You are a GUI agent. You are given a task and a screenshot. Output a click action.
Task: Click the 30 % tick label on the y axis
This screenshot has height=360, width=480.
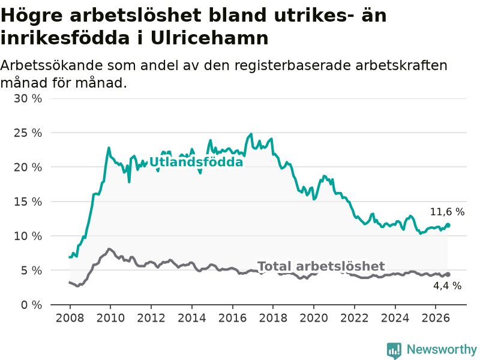coord(28,98)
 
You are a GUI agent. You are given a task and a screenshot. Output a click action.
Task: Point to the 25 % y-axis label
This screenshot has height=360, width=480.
coord(28,133)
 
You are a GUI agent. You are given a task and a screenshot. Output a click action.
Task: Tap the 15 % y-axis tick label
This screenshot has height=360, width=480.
coord(28,202)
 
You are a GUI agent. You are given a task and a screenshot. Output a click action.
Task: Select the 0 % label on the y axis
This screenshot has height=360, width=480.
coord(32,305)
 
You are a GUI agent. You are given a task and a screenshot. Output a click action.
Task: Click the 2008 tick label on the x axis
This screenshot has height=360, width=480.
coord(70,318)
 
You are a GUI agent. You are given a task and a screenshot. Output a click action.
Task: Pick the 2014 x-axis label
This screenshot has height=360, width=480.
coord(191,318)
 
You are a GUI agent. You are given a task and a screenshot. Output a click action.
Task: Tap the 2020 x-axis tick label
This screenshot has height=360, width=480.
coord(314,318)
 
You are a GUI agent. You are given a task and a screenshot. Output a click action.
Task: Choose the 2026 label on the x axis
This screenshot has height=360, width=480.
coord(436,318)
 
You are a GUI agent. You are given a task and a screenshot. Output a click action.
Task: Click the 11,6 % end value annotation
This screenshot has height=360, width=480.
coord(447,212)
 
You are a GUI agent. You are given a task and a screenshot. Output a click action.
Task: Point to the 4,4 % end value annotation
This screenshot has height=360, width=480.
coord(447,286)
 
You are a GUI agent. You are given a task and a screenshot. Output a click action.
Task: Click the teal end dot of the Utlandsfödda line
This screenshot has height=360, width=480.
coord(448,226)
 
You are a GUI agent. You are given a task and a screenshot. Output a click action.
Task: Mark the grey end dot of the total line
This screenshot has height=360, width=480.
coord(448,275)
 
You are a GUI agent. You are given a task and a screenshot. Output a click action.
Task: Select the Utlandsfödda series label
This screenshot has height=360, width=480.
coord(196,162)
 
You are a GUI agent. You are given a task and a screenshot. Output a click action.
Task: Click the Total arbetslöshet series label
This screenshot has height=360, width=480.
coord(321,266)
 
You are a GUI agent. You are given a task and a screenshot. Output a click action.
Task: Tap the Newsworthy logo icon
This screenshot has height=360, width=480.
coord(394,350)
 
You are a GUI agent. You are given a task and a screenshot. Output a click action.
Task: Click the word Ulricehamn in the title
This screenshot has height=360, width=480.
coord(209,38)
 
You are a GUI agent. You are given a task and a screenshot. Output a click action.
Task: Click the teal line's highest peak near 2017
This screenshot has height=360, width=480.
coord(251,134)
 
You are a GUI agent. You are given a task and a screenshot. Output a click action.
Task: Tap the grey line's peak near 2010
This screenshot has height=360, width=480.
coord(109,249)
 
